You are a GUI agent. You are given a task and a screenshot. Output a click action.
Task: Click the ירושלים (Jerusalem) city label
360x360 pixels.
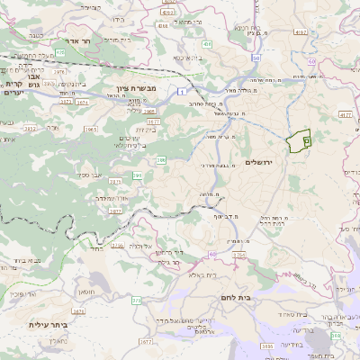pyautogui.click(x=259, y=161)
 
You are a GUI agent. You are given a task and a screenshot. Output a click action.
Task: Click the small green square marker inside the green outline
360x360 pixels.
pyautogui.click(x=306, y=140)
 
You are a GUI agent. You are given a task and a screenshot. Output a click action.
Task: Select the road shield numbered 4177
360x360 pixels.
pyautogui.click(x=346, y=115)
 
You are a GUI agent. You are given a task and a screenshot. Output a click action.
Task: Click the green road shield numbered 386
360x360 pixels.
pyautogui.click(x=161, y=159)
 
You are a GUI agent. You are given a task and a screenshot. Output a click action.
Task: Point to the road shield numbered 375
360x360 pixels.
pyautogui.click(x=137, y=300)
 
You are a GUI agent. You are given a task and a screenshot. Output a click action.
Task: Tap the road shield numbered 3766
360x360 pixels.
pyautogui.click(x=238, y=256)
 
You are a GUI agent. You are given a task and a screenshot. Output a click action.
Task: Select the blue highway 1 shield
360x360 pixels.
pyautogui.click(x=183, y=91)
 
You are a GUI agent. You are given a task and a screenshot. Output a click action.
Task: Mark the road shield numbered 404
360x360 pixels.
pyautogui.click(x=207, y=43)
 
